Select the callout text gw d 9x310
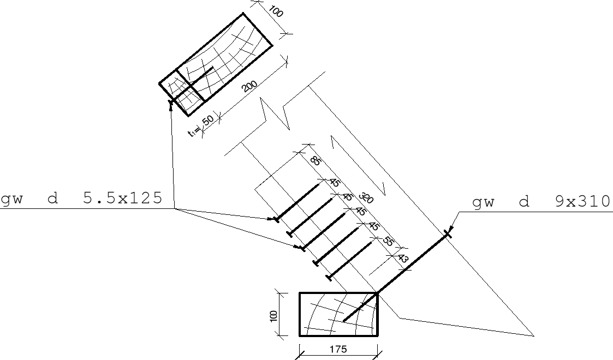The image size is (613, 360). (541, 202)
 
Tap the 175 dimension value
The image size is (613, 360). (338, 349)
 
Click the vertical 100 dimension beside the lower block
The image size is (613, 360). (273, 315)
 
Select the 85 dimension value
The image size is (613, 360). (315, 160)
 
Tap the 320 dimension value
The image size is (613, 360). (366, 198)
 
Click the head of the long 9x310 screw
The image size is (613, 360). (448, 234)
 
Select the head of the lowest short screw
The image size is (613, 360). (329, 278)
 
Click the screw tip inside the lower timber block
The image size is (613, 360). (344, 321)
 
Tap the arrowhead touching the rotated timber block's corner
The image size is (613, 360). (171, 105)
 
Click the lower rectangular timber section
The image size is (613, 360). (338, 314)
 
